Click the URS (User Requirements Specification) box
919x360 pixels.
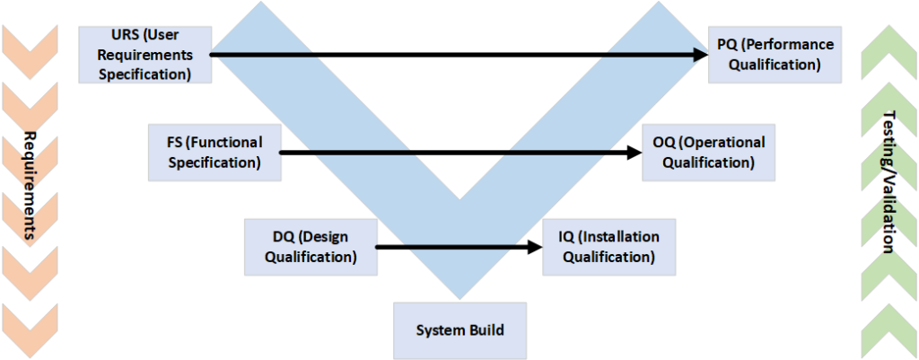point(145,55)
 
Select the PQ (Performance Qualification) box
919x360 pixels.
point(775,55)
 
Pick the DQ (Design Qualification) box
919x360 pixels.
point(311,247)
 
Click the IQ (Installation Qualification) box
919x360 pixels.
point(609,247)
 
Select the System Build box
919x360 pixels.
point(459,330)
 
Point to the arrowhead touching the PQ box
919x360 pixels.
point(699,55)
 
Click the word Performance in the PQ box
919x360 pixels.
point(796,44)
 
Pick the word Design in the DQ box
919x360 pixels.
point(327,237)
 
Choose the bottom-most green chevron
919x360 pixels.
point(889,323)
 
